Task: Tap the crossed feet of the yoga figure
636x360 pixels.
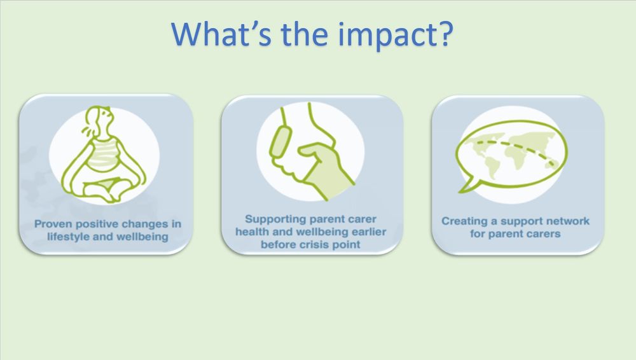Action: coord(106,191)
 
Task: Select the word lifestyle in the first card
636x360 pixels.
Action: coord(67,237)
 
